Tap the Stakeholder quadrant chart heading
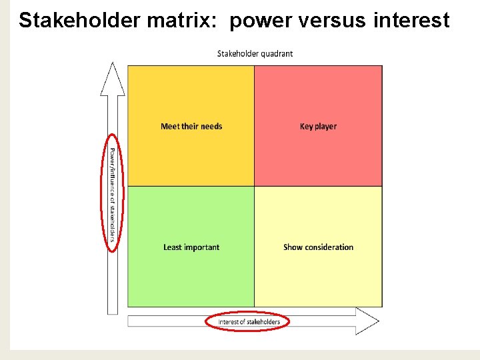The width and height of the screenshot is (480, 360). coord(255,53)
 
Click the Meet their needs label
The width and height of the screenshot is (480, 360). coord(191,126)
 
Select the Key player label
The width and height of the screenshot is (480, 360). coord(318,126)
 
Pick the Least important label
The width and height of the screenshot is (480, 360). coord(191,247)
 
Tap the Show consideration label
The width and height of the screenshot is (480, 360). coord(318,247)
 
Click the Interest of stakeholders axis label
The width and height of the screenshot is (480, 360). coord(249,322)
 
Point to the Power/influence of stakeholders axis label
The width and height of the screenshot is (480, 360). coord(113,193)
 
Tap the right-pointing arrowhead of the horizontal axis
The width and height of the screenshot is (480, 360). coord(367,321)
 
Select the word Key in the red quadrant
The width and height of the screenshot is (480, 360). coord(307,126)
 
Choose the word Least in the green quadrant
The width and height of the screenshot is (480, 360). coord(173,247)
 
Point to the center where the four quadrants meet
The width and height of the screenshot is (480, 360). coord(255,186)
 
